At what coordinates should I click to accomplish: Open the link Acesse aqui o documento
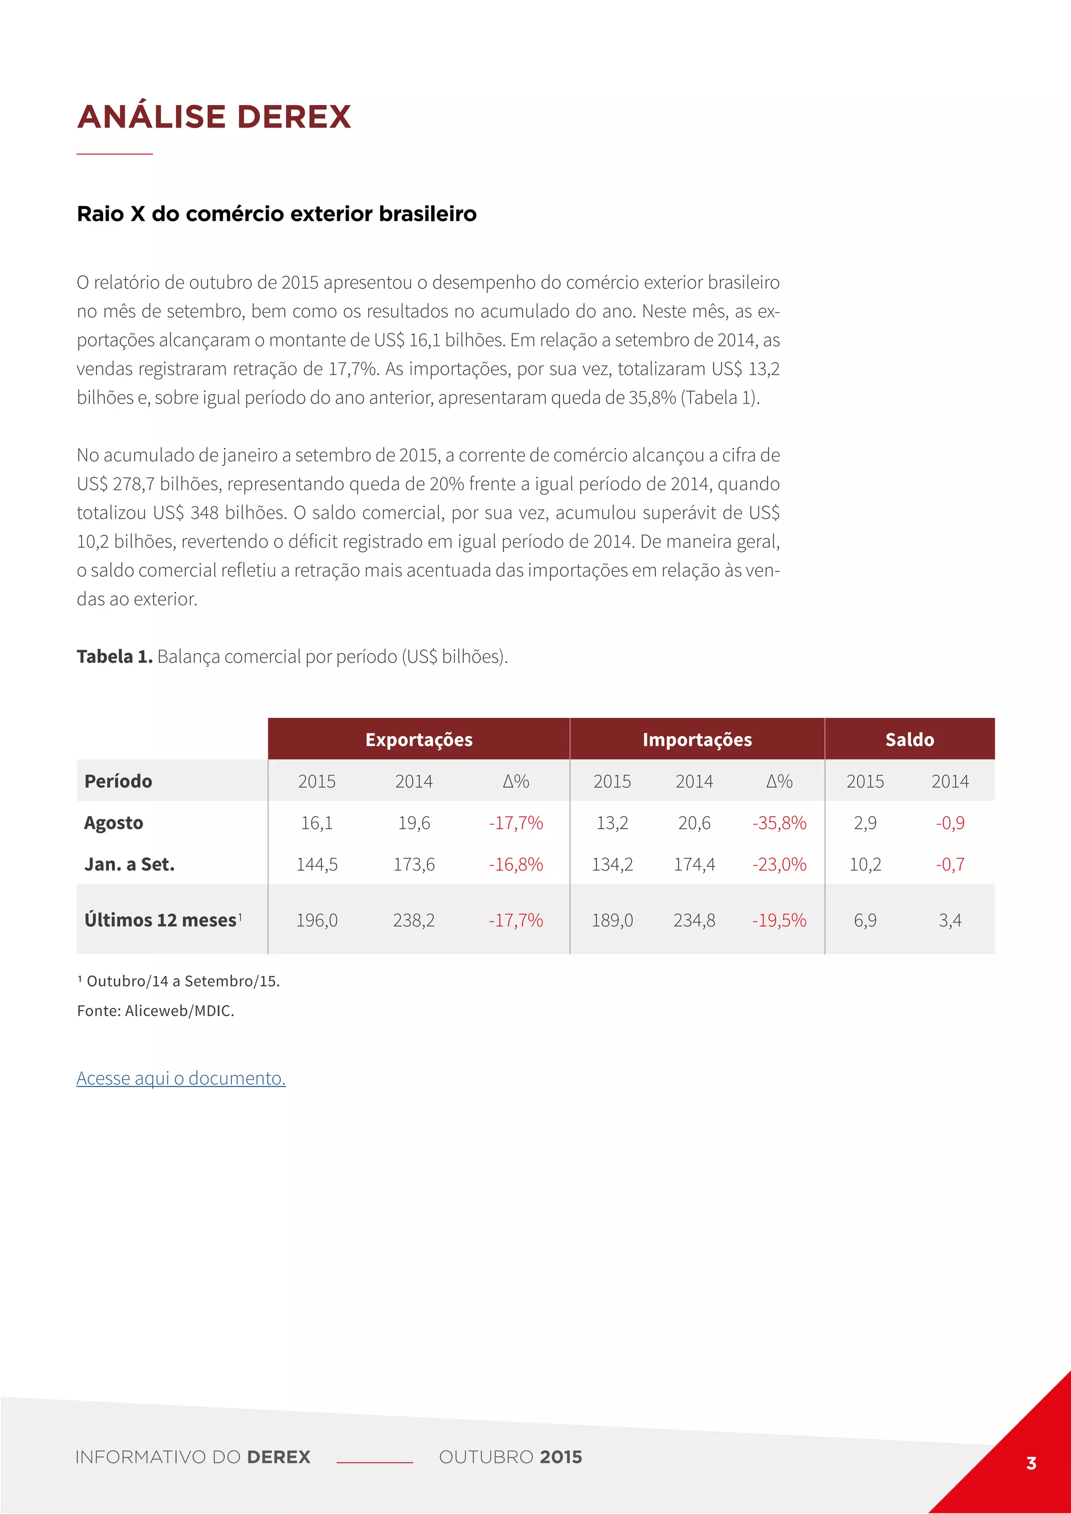point(181,1077)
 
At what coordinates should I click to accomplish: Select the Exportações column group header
point(419,739)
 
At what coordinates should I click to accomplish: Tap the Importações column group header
point(697,739)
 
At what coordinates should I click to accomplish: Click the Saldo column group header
point(909,739)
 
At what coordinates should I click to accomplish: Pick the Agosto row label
point(113,823)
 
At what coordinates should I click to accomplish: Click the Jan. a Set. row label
point(129,865)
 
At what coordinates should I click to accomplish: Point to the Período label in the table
point(118,782)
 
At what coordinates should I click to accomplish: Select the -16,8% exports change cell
point(516,865)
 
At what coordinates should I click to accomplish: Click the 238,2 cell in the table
point(414,920)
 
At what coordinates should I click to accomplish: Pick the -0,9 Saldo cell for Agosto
point(950,823)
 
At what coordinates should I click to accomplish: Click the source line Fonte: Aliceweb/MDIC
point(156,1011)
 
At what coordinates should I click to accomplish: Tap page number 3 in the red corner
point(1031,1463)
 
